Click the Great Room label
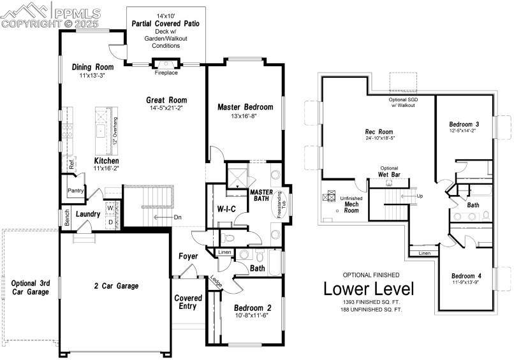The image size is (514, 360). point(166,100)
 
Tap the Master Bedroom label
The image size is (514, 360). point(245,107)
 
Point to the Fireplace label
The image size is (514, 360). point(166,73)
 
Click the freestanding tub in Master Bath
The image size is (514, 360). point(281,206)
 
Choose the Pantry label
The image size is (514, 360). point(76,191)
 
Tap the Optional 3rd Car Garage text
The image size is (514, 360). point(29,287)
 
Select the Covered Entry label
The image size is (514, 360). point(188,302)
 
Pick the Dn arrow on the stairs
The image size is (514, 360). point(178,217)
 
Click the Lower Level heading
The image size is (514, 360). point(369,289)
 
